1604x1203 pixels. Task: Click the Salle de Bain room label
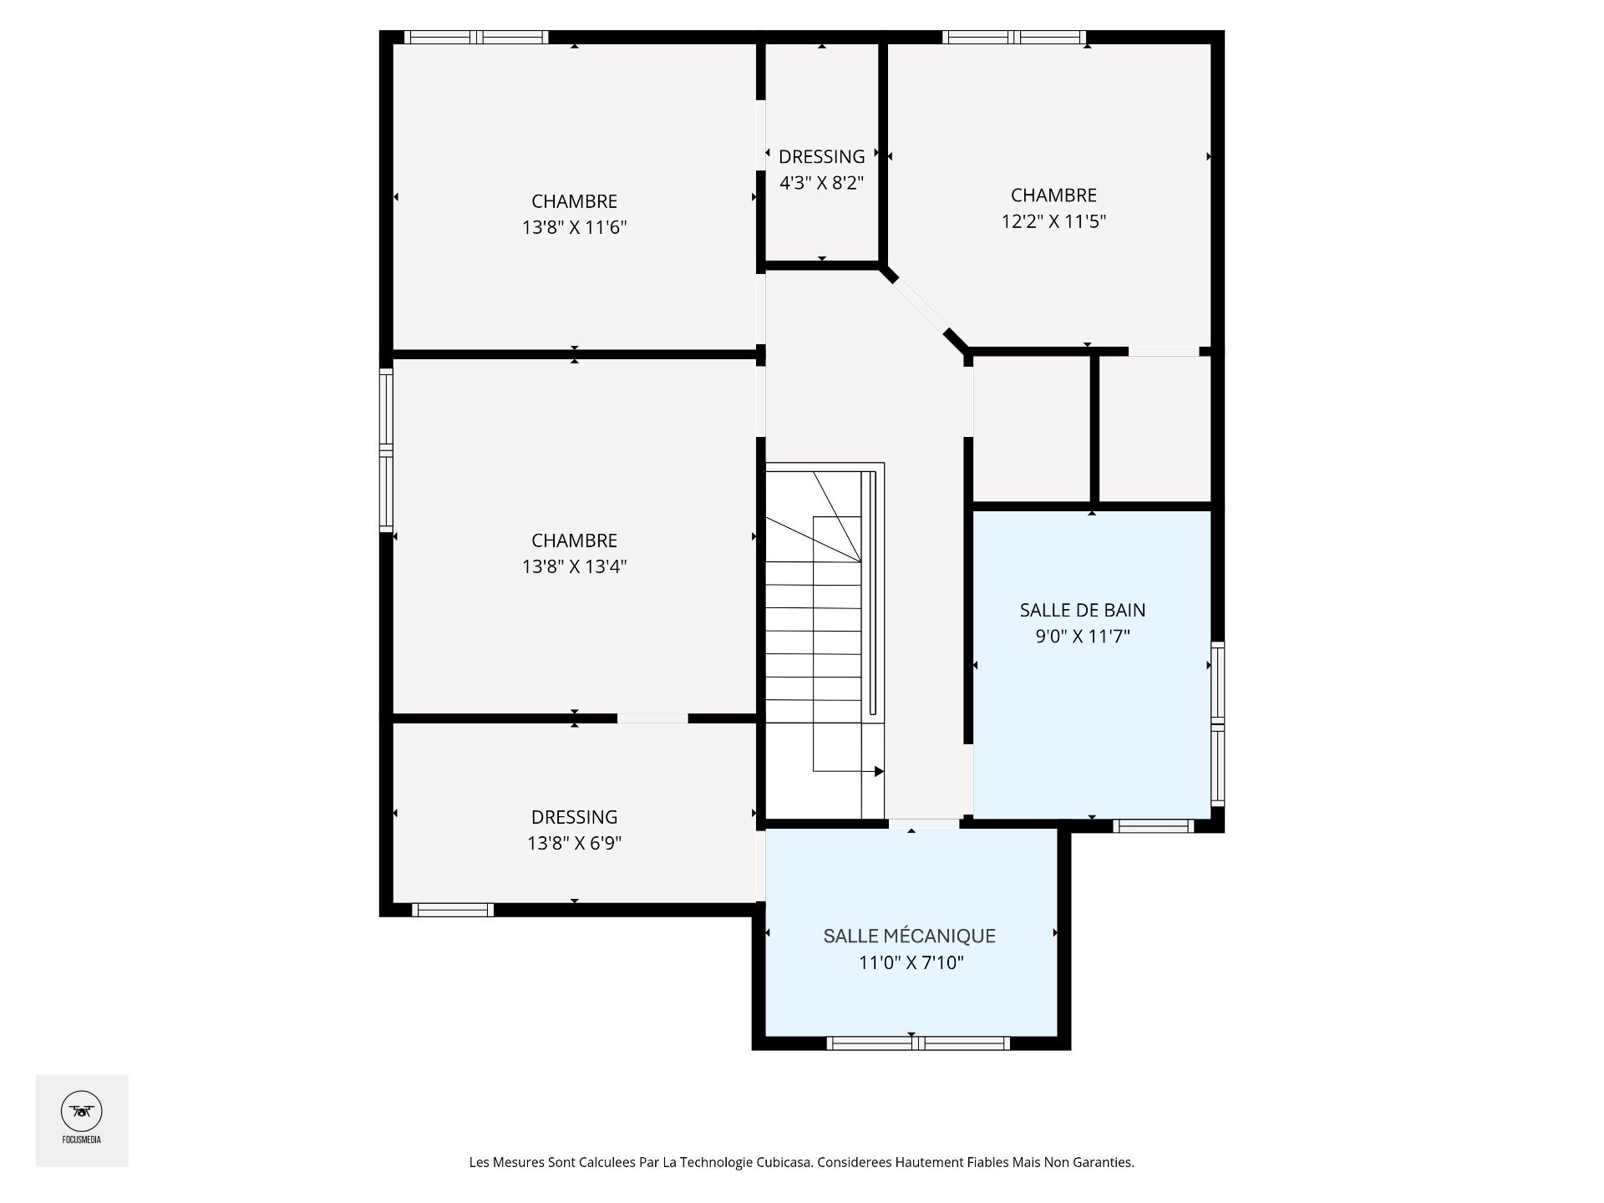click(x=1082, y=610)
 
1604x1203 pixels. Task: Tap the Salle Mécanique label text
click(x=910, y=936)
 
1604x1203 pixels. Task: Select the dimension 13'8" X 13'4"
click(x=575, y=566)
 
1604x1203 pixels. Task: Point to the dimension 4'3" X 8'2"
click(x=821, y=182)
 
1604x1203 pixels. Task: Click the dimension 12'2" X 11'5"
click(x=1053, y=221)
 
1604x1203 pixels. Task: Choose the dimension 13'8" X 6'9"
click(x=575, y=843)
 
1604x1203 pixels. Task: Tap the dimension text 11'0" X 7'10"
click(x=911, y=962)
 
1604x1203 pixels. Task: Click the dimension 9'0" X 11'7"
click(x=1083, y=637)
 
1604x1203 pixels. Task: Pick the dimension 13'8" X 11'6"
click(x=575, y=227)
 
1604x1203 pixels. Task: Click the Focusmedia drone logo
click(x=82, y=1111)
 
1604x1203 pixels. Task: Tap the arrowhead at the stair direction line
click(x=879, y=771)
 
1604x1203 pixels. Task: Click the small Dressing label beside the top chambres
click(x=822, y=156)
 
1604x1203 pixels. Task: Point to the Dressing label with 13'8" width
click(x=575, y=817)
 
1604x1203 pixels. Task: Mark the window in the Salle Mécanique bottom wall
click(x=918, y=1043)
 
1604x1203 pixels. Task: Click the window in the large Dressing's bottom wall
click(x=453, y=910)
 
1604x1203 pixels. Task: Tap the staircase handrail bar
click(x=873, y=593)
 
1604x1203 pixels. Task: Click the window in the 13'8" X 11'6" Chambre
click(x=476, y=37)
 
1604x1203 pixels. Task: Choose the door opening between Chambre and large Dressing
click(x=652, y=718)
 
